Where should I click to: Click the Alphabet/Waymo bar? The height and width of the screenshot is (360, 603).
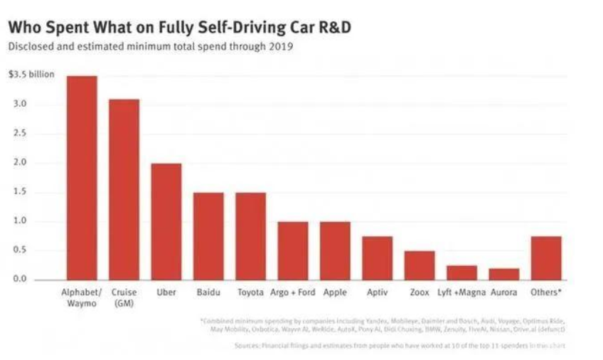pyautogui.click(x=82, y=178)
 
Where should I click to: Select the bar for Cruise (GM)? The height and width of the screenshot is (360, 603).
pyautogui.click(x=124, y=189)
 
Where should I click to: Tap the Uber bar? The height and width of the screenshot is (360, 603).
pyautogui.click(x=166, y=221)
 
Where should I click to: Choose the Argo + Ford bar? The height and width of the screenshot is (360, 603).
pyautogui.click(x=292, y=250)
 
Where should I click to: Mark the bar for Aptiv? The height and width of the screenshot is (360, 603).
pyautogui.click(x=377, y=258)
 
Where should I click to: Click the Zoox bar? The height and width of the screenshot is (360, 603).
pyautogui.click(x=420, y=265)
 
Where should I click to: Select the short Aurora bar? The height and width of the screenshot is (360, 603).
pyautogui.click(x=503, y=274)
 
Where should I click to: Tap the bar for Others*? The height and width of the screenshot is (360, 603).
pyautogui.click(x=546, y=258)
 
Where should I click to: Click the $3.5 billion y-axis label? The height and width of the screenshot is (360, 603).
pyautogui.click(x=31, y=74)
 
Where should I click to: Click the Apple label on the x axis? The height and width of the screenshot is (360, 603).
pyautogui.click(x=334, y=292)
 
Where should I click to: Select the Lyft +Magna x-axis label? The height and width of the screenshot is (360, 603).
pyautogui.click(x=461, y=292)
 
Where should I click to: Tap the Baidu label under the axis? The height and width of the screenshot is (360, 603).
pyautogui.click(x=208, y=292)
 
